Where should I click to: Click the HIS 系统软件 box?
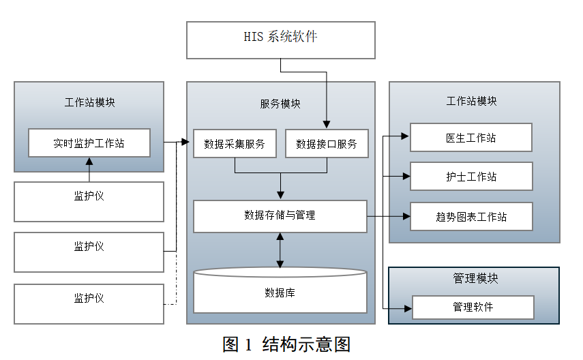[x=281, y=40]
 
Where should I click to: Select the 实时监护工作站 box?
[x=89, y=143]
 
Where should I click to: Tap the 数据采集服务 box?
[x=235, y=144]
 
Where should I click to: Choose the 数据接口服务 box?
[x=326, y=144]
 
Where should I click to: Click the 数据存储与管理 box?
[x=280, y=215]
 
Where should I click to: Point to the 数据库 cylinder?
[x=280, y=292]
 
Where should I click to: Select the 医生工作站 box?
[x=470, y=138]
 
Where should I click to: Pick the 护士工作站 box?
[x=470, y=177]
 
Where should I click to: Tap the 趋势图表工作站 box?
[x=470, y=217]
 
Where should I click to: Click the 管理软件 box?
[x=473, y=307]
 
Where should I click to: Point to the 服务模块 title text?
[x=280, y=104]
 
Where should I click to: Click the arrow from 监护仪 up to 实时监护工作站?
[x=89, y=169]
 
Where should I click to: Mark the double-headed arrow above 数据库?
[x=280, y=250]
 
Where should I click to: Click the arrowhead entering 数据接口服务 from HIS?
[x=326, y=125]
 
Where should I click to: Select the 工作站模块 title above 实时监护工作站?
[x=89, y=103]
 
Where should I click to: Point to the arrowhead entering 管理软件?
[x=408, y=307]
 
